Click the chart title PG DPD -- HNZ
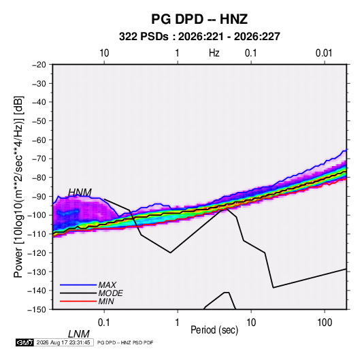click(199, 19)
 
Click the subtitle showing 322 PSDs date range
click(199, 37)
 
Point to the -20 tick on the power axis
click(39, 65)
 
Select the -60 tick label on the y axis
click(39, 140)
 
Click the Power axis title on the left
click(18, 187)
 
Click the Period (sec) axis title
click(214, 330)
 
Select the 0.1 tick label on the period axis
click(104, 323)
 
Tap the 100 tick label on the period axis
click(325, 323)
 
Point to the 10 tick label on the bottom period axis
click(251, 323)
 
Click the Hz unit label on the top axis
click(214, 53)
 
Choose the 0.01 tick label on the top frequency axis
click(324, 53)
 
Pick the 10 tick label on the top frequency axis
click(104, 53)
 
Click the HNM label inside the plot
click(80, 193)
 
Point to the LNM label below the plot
click(78, 334)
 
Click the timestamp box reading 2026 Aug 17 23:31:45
click(63, 342)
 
